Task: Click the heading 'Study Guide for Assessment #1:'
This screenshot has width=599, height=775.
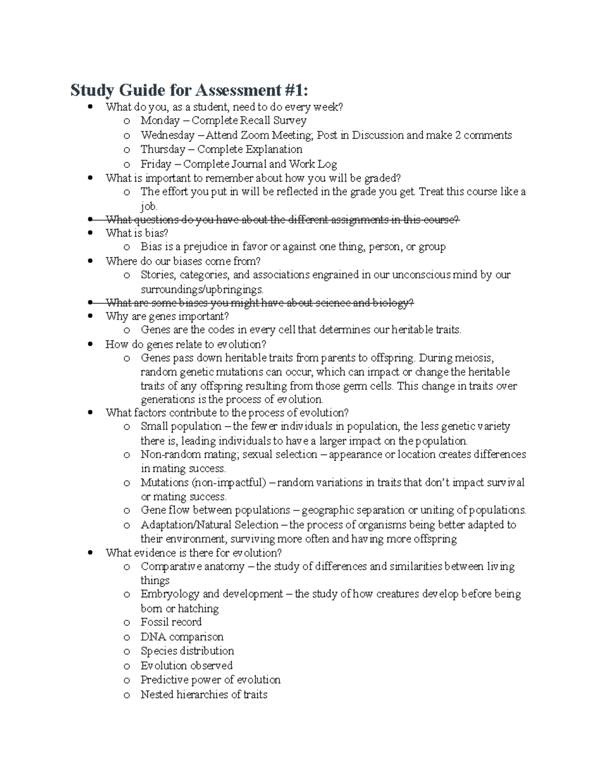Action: pos(189,90)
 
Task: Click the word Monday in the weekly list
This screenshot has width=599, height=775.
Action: pos(160,121)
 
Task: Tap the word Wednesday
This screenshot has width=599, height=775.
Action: pos(168,135)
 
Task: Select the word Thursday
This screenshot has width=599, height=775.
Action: pos(163,150)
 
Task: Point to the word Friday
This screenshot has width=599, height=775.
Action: pos(156,164)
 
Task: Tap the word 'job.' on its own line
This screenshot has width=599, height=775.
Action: pos(149,206)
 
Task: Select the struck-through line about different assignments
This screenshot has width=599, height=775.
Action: pos(282,220)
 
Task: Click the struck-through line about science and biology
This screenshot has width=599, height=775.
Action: pos(260,303)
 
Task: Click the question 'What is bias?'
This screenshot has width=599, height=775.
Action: pos(137,233)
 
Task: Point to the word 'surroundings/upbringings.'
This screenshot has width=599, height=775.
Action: pos(202,289)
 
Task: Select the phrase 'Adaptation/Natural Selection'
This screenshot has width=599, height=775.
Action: pos(210,525)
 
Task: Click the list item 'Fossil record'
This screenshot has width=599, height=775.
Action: pos(171,622)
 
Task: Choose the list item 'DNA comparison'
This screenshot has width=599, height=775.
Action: pos(182,637)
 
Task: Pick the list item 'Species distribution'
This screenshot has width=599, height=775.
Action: pos(187,651)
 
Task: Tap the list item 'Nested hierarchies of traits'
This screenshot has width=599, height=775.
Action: pos(204,695)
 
